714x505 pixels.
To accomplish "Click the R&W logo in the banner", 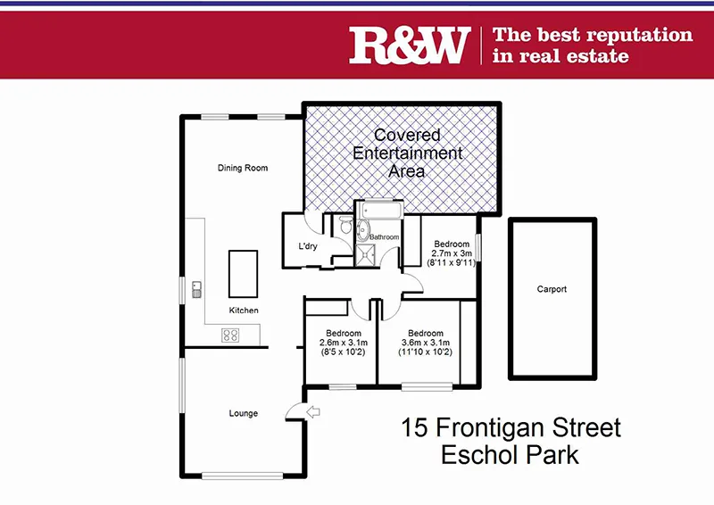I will click(x=409, y=44).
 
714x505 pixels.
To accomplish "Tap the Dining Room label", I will click(x=243, y=168).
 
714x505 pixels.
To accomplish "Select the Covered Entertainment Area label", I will click(x=408, y=153).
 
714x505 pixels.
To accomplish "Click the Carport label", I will click(x=552, y=289).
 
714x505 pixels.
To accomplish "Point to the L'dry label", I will click(x=308, y=246).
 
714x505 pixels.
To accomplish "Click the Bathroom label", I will click(x=385, y=237).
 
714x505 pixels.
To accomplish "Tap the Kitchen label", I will click(x=244, y=310).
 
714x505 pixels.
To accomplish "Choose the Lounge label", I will click(x=243, y=413).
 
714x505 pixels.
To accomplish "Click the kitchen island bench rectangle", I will click(x=243, y=274).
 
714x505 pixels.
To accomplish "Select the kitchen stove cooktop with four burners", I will click(x=230, y=335).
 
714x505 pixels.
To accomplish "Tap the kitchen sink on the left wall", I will click(x=196, y=288).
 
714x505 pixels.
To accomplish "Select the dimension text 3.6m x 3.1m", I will click(x=426, y=343).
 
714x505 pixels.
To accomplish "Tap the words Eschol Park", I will click(x=510, y=454).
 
